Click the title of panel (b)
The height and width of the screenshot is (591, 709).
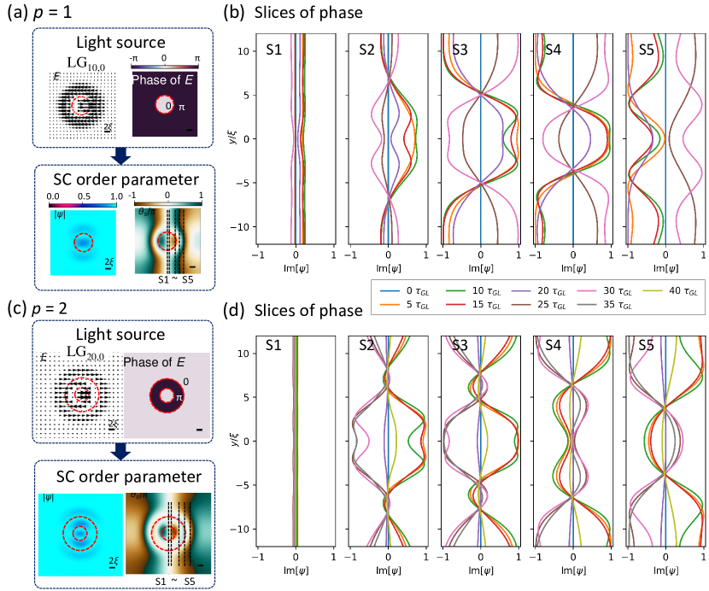(x=300, y=12)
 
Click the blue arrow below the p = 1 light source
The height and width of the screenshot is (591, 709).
(x=120, y=155)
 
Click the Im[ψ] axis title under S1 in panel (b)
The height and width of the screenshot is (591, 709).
(x=296, y=266)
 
